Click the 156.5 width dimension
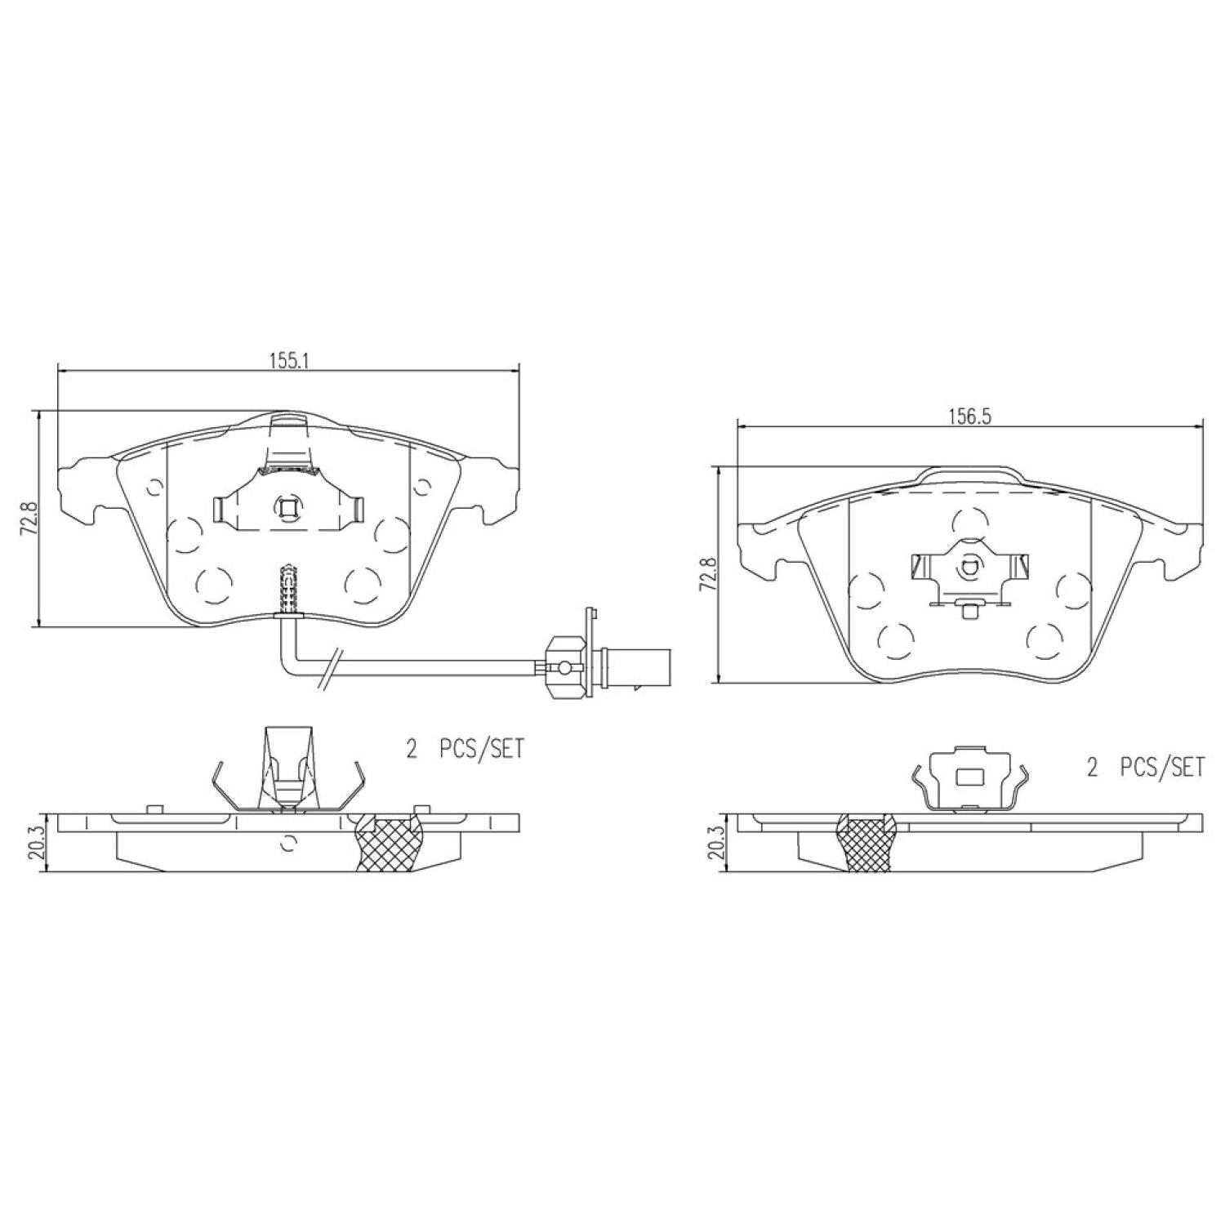point(969,415)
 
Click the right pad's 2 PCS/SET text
point(1146,768)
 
